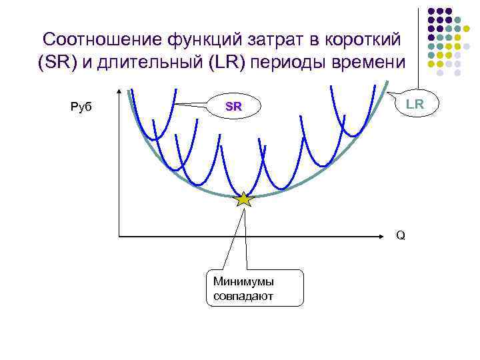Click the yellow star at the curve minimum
click(x=245, y=199)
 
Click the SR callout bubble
click(x=233, y=106)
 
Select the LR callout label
click(x=414, y=103)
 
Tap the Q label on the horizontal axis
click(x=400, y=235)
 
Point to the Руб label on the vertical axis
click(x=81, y=106)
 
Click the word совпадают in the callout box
click(x=243, y=295)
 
